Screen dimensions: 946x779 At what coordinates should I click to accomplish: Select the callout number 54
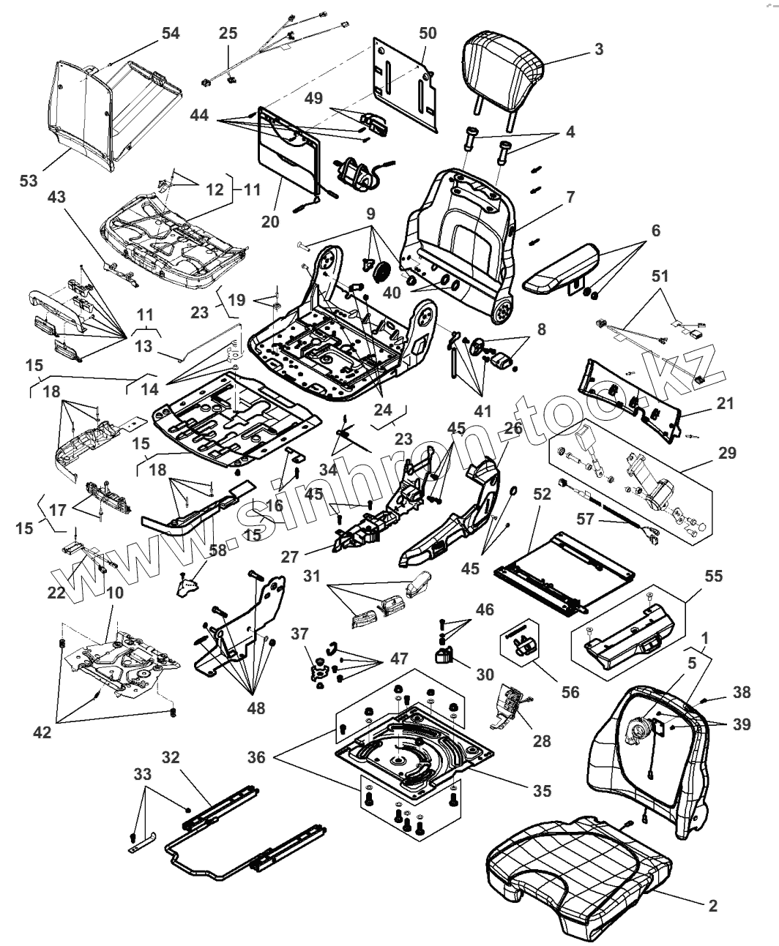coord(170,34)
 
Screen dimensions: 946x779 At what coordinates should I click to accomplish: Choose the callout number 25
coord(228,34)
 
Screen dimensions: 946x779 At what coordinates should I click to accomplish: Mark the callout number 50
coord(428,34)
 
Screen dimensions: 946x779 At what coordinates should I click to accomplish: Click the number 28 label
coord(541,741)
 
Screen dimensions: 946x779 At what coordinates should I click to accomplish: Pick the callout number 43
coord(56,197)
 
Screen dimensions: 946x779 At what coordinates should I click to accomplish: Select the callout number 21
coord(726,403)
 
